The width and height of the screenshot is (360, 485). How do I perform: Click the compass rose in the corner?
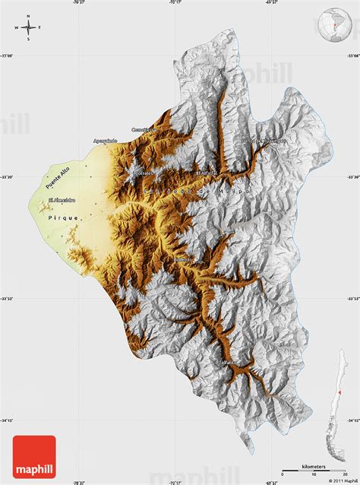coord(28,29)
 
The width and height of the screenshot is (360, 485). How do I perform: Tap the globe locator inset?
coord(330,25)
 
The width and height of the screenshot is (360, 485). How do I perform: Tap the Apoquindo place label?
coord(106,141)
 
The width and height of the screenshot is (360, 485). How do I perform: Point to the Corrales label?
coord(143,173)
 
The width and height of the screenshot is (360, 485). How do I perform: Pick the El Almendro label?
coord(61,200)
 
